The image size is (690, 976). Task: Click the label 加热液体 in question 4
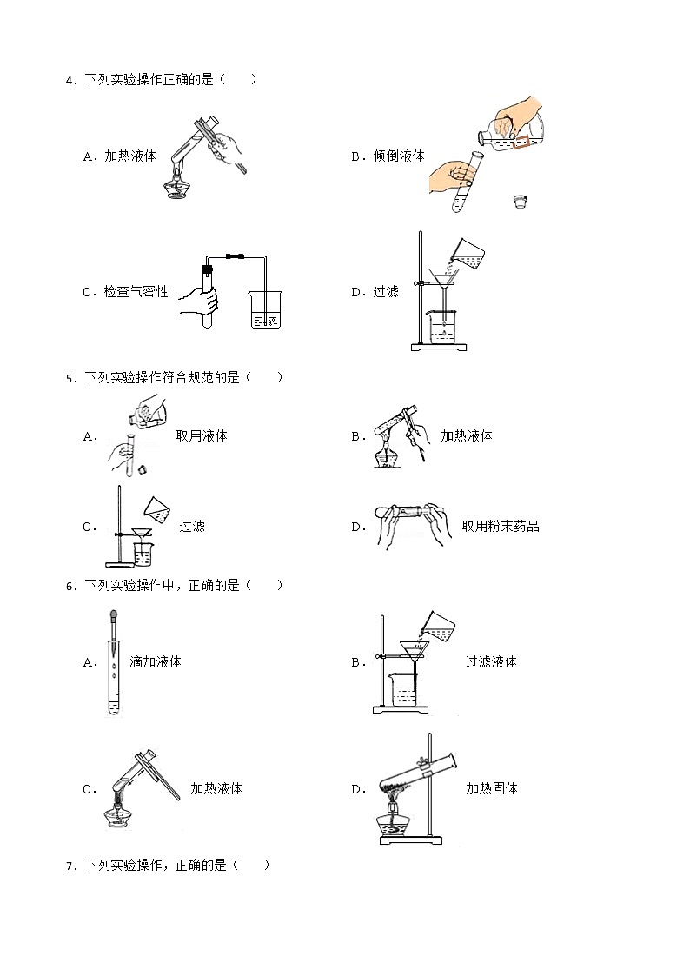click(x=130, y=156)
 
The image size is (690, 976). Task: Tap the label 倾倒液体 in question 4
click(x=399, y=156)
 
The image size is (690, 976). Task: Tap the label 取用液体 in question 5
click(x=202, y=436)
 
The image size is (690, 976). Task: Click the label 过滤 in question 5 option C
click(x=192, y=526)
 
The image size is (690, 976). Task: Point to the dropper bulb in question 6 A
click(x=113, y=621)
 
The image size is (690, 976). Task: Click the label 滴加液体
click(x=156, y=661)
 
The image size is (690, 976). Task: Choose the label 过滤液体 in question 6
click(x=491, y=661)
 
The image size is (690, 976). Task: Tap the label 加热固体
click(x=491, y=789)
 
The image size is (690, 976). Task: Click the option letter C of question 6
click(x=89, y=790)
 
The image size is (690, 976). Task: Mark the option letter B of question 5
click(x=357, y=437)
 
